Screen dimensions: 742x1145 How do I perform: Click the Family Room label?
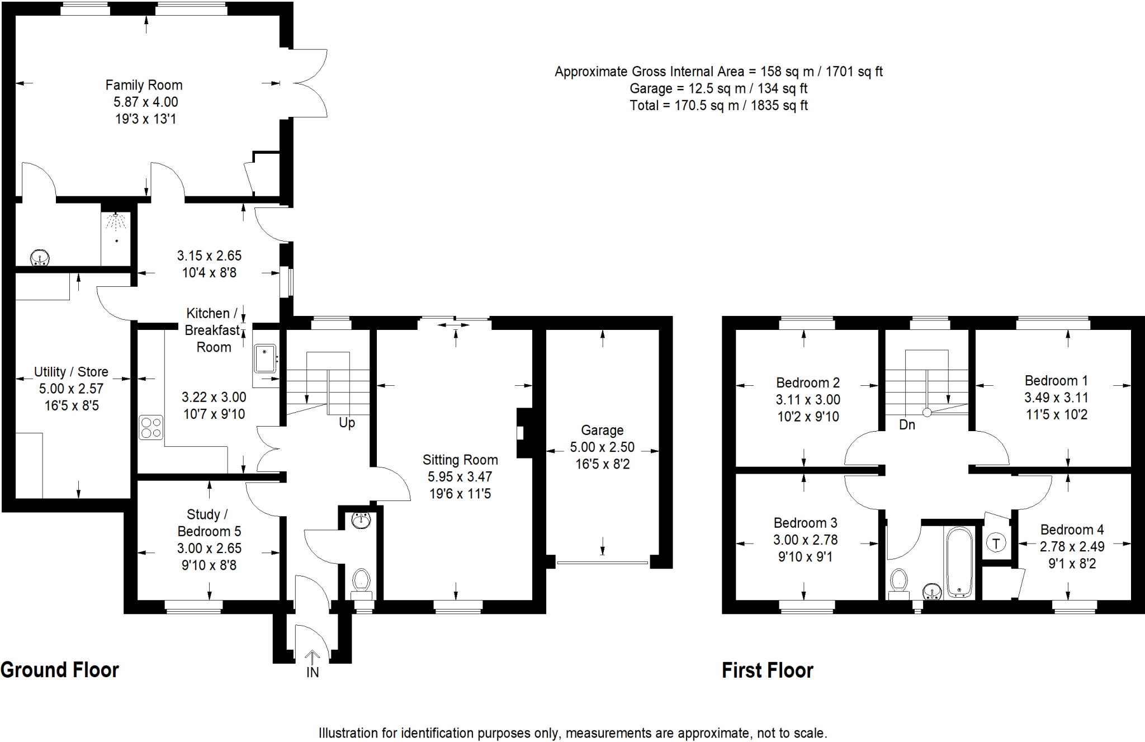click(144, 85)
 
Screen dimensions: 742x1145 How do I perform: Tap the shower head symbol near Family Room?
click(116, 222)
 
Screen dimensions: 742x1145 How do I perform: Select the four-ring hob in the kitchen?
click(151, 428)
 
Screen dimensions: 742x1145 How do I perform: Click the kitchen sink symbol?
click(265, 359)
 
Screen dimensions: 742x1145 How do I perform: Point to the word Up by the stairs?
click(347, 423)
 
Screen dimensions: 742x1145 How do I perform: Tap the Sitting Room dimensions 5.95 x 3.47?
click(460, 477)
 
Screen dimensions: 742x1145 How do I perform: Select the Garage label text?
click(602, 430)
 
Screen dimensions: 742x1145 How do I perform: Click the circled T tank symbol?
click(996, 543)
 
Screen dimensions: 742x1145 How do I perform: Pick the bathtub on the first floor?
click(959, 562)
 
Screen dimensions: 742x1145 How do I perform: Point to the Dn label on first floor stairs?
click(907, 425)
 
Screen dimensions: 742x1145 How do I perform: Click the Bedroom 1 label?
click(1056, 381)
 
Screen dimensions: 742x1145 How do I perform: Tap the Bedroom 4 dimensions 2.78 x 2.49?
click(1072, 547)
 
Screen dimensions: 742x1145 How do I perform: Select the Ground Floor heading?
click(60, 670)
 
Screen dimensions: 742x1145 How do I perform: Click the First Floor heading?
click(767, 670)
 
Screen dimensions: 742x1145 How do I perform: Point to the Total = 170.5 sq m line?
click(718, 106)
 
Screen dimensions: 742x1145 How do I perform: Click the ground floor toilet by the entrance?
click(362, 582)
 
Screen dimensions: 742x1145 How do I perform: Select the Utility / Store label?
click(71, 372)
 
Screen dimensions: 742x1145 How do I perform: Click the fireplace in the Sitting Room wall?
click(523, 433)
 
